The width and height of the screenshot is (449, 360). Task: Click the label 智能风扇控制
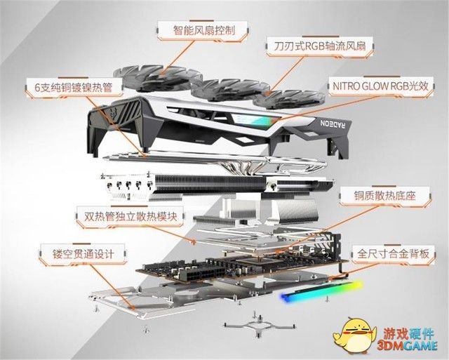[203, 29]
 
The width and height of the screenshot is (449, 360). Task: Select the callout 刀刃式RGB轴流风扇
[320, 46]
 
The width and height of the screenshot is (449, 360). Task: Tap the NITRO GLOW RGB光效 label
[380, 86]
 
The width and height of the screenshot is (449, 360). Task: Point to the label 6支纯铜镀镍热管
[73, 87]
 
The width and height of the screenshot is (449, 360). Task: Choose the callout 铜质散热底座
[384, 196]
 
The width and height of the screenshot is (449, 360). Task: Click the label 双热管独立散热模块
[130, 217]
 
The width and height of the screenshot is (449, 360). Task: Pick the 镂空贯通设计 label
[83, 254]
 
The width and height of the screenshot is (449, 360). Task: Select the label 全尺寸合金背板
[393, 254]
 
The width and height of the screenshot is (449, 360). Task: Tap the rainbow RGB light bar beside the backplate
[321, 291]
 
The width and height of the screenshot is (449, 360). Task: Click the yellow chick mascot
[354, 335]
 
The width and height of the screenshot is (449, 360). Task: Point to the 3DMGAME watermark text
[407, 345]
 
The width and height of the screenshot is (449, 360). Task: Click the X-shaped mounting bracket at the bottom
[259, 326]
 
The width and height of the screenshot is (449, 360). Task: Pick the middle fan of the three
[231, 91]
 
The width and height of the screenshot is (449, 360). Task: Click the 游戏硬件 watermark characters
[409, 333]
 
